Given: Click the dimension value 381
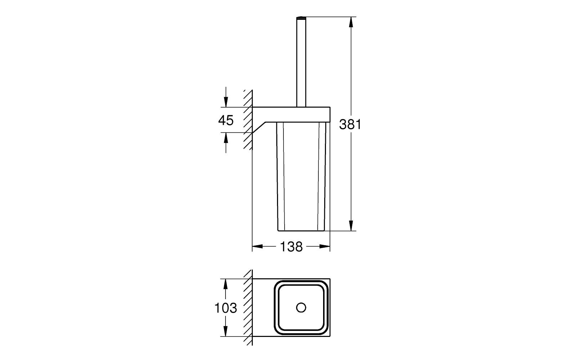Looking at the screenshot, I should click(350, 125).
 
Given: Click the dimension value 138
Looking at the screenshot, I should click(291, 247).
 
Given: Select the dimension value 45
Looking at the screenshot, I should click(226, 120).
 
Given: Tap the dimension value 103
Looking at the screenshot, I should click(226, 308).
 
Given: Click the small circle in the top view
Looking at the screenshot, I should click(301, 307).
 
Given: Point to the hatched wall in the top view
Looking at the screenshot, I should click(247, 307).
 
